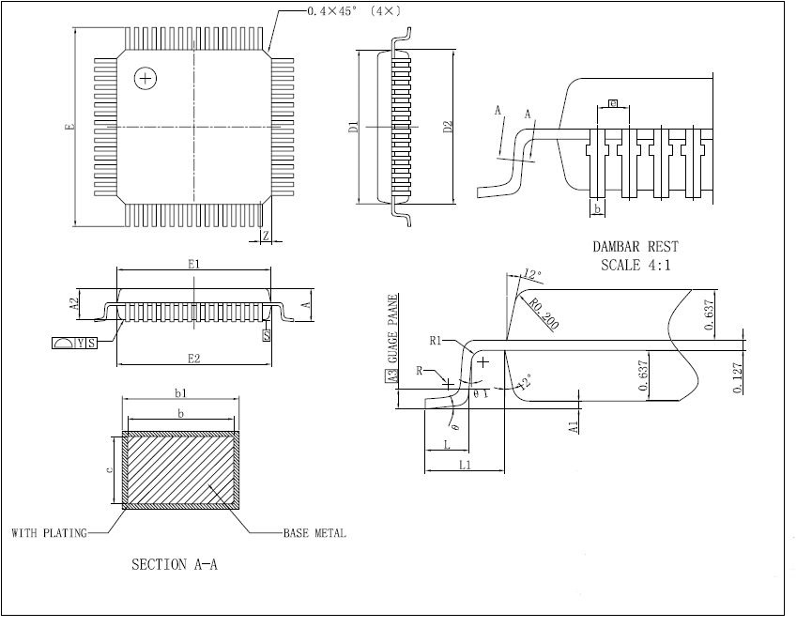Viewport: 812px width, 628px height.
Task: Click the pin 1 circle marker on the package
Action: coord(145,79)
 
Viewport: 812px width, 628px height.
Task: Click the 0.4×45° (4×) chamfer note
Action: coord(352,10)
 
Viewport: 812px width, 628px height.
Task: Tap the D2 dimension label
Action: coord(448,126)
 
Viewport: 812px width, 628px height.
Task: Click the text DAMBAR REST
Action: coord(636,247)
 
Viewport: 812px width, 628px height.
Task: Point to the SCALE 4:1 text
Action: coord(636,265)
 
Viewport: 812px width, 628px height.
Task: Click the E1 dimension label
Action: coord(193,265)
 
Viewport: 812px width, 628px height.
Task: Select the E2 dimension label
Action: coord(193,358)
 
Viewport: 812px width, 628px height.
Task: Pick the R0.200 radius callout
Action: coord(544,314)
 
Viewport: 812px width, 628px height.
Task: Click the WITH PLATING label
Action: coord(49,533)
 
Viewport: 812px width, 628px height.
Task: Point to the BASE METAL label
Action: coord(314,533)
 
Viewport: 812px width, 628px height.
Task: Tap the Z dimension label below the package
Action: coord(266,237)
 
